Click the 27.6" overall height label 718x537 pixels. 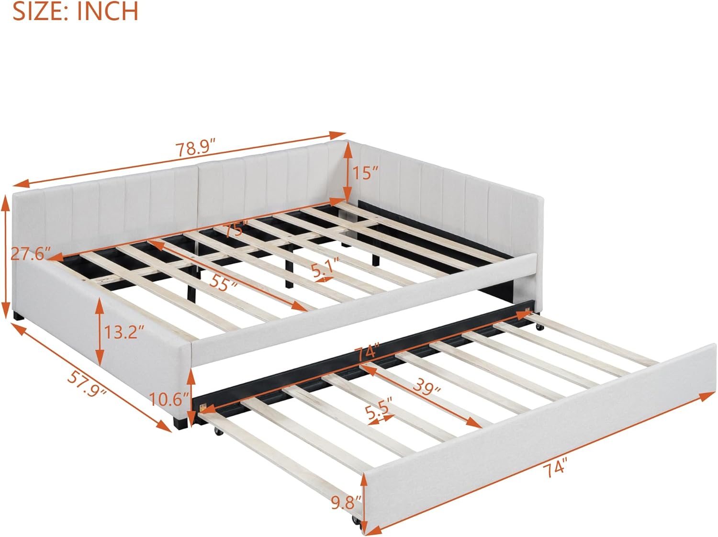click(31, 254)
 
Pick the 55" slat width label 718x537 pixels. click(224, 282)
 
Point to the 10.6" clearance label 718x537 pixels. click(169, 399)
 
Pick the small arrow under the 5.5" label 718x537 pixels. click(381, 420)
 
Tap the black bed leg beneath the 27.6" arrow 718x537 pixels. click(19, 316)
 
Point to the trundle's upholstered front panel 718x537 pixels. click(540, 438)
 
